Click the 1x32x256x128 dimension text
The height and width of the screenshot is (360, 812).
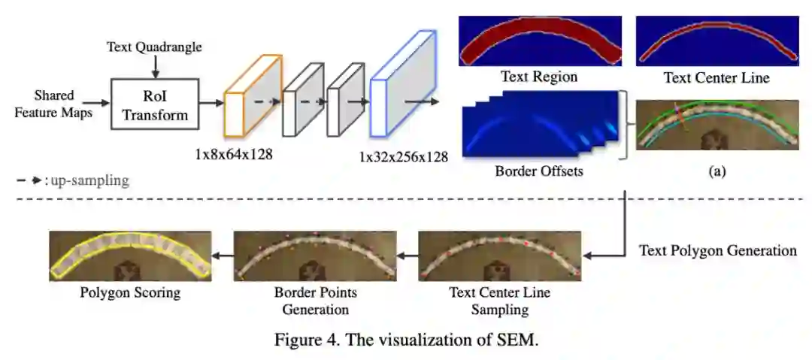coord(403,156)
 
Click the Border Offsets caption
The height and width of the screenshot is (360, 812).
coord(539,171)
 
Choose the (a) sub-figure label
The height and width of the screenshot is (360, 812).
coord(717,171)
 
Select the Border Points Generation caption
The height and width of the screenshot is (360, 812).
coord(315,300)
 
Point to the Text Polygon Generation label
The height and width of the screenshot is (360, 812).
coord(717,250)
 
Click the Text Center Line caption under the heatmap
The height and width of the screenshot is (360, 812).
coord(717,77)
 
